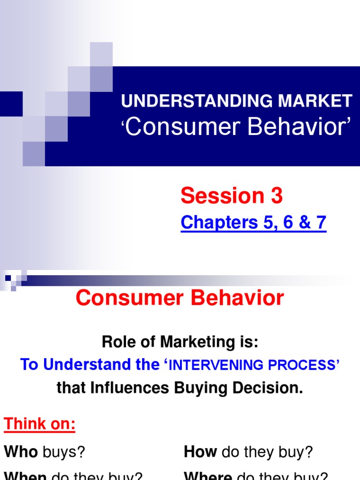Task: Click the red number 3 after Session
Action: click(276, 196)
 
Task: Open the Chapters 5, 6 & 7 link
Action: click(253, 223)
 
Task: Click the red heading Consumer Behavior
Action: click(180, 298)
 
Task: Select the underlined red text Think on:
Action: click(39, 425)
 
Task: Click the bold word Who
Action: click(21, 452)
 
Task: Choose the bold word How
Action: click(201, 452)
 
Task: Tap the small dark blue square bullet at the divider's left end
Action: click(8, 278)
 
